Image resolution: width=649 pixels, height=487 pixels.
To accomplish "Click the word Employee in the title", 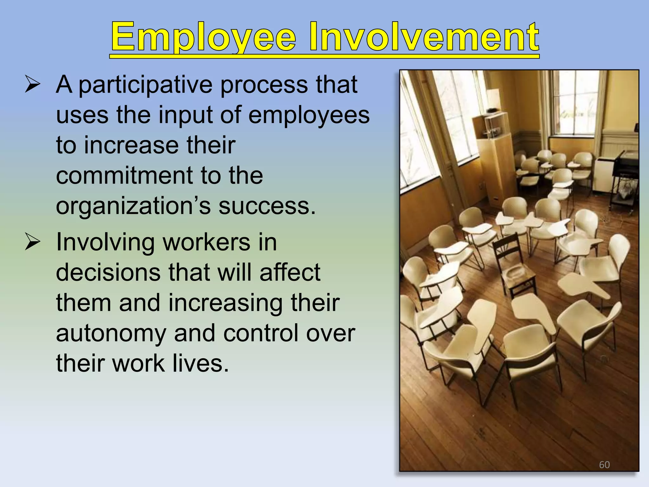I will point(203,37).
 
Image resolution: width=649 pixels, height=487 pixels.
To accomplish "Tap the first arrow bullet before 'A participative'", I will point(32,85).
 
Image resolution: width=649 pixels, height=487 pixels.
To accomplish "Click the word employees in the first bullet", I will point(309,115).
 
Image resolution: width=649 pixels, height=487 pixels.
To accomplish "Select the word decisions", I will point(108,273).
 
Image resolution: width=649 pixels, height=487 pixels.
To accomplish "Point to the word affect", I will point(290,273).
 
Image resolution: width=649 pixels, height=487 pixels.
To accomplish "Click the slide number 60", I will point(604,465).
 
